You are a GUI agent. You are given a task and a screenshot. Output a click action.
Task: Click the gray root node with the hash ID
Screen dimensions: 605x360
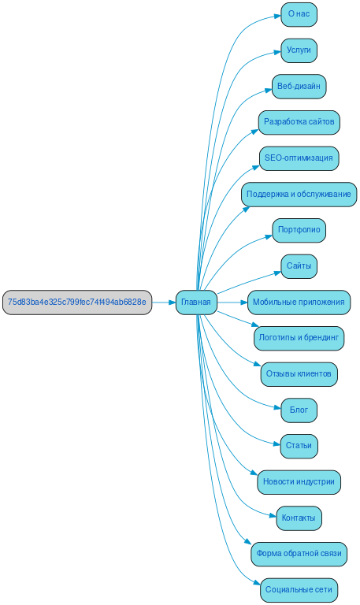point(76,302)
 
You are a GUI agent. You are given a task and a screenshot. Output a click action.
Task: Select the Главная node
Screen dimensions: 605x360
point(196,302)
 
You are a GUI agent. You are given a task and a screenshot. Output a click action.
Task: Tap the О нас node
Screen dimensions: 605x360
point(299,15)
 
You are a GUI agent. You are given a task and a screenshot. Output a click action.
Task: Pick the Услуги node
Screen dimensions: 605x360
point(299,50)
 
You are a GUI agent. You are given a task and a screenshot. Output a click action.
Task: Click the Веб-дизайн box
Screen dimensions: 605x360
point(299,87)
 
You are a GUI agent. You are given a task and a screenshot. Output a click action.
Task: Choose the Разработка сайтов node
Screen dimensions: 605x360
point(299,122)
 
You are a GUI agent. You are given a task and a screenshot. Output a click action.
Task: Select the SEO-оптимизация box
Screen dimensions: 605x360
point(299,158)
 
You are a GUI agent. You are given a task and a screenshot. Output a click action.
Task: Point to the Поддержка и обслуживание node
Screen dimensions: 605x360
point(299,194)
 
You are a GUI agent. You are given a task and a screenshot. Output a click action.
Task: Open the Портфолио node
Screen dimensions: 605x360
point(299,230)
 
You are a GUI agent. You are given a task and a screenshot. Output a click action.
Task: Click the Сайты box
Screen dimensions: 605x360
point(299,266)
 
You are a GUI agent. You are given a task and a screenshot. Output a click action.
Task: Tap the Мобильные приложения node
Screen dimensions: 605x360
point(299,302)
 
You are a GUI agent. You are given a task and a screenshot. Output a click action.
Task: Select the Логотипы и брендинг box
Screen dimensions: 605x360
point(299,338)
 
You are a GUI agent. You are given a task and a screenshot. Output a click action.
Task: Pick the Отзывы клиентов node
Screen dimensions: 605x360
point(299,374)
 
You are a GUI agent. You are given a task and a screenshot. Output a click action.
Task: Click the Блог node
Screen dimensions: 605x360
point(299,410)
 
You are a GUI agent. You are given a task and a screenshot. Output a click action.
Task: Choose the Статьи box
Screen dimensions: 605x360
point(299,446)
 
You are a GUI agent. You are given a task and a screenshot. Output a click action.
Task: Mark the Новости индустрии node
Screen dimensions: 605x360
point(299,482)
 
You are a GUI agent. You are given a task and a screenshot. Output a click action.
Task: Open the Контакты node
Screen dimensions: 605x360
point(299,518)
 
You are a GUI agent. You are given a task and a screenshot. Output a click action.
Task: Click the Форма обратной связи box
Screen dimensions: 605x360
point(299,554)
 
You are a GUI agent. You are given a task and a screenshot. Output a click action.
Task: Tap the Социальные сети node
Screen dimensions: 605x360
point(299,589)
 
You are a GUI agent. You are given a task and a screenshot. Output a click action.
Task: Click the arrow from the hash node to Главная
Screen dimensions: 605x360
point(163,302)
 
